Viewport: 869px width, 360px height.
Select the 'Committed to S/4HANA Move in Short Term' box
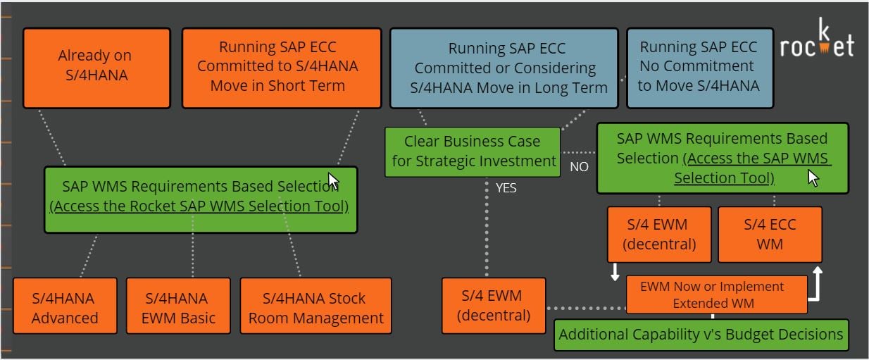click(281, 68)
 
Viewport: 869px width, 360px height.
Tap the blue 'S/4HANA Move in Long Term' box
click(504, 68)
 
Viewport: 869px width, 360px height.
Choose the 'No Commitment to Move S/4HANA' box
click(699, 68)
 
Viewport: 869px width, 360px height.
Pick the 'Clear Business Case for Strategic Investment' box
click(473, 151)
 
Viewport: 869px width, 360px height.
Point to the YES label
click(506, 188)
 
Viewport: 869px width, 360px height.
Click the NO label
click(579, 167)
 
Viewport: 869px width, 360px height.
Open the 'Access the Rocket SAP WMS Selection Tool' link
click(199, 207)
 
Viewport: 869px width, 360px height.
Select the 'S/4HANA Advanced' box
click(64, 307)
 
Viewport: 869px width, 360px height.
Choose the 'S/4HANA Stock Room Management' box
click(315, 307)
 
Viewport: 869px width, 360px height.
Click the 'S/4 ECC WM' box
click(770, 234)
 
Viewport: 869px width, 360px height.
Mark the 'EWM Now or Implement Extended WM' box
click(716, 294)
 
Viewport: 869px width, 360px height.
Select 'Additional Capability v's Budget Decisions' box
click(701, 334)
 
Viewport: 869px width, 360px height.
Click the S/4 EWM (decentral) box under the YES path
click(493, 306)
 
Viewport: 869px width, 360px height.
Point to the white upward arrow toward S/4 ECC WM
click(816, 282)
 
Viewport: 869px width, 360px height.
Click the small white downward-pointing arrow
click(615, 272)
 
